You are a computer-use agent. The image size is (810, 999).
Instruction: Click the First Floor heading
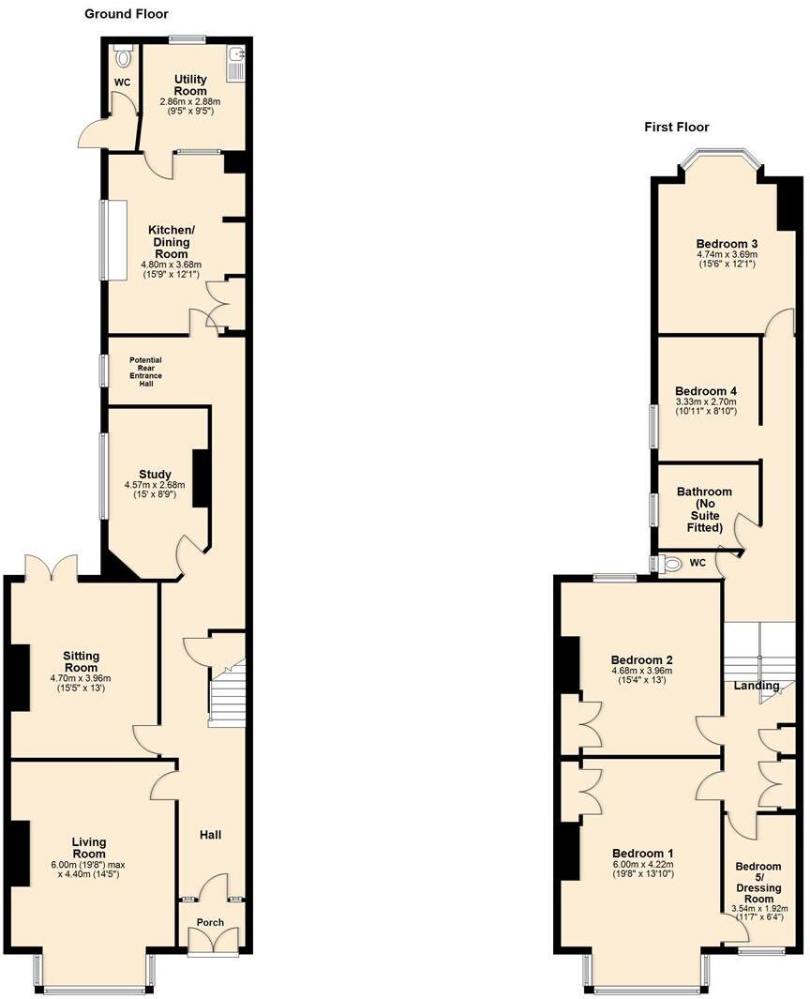[x=676, y=127]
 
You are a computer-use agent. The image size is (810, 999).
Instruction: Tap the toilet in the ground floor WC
[x=122, y=57]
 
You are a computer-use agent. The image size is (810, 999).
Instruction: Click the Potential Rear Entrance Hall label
[x=145, y=371]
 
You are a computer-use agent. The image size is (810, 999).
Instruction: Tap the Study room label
[x=155, y=475]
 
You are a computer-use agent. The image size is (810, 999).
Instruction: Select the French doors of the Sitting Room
[x=52, y=568]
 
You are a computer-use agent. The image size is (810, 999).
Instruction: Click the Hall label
[x=210, y=834]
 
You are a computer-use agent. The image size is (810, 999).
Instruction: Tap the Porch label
[x=211, y=922]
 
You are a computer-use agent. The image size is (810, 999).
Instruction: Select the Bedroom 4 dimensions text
[x=706, y=406]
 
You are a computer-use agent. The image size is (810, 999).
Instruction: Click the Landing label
[x=757, y=686]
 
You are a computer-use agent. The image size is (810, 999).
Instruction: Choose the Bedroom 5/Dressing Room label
[x=757, y=882]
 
